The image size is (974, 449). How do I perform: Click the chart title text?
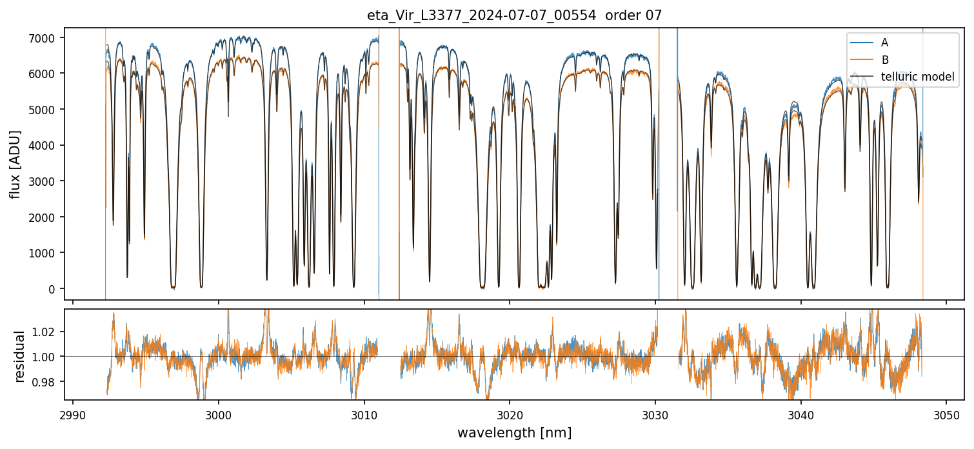click(x=486, y=15)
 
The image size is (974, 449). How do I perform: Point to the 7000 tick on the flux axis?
click(x=47, y=38)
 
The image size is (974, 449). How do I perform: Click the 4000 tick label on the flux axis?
click(x=47, y=146)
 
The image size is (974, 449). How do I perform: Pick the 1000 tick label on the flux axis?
click(x=47, y=253)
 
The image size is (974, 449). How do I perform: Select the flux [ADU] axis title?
click(x=15, y=164)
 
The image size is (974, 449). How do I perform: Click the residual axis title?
click(x=19, y=356)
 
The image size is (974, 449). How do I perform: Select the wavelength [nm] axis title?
click(x=514, y=433)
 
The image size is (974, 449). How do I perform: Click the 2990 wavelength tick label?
click(x=73, y=414)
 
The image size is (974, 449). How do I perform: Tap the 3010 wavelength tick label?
click(x=364, y=414)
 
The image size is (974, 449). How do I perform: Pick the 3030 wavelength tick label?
click(x=655, y=414)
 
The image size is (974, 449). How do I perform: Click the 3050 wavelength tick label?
click(x=946, y=414)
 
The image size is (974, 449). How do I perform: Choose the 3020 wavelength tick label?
click(x=510, y=414)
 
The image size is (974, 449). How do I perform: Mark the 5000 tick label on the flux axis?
click(x=47, y=110)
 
